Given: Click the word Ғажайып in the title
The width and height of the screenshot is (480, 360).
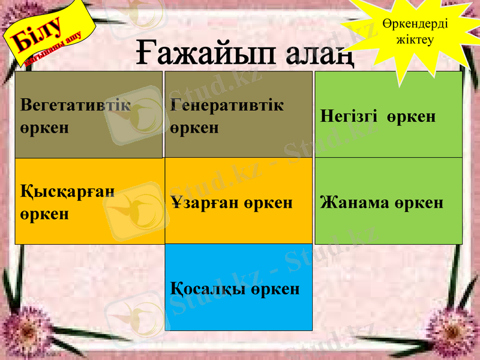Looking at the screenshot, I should pos(197,55).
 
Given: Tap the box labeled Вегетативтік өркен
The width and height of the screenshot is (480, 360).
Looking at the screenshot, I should pos(88,115).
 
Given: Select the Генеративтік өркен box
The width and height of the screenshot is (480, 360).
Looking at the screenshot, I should pos(238,115).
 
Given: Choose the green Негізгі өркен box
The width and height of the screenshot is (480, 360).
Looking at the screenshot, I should pos(388,115).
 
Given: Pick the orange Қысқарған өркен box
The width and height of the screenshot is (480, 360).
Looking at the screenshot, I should pos(88,201).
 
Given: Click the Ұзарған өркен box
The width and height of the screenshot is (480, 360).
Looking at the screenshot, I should pos(238,201).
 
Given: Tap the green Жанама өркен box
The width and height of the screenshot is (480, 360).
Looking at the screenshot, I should pos(388,201).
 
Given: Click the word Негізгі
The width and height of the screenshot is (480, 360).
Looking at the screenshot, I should pos(349,116).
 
